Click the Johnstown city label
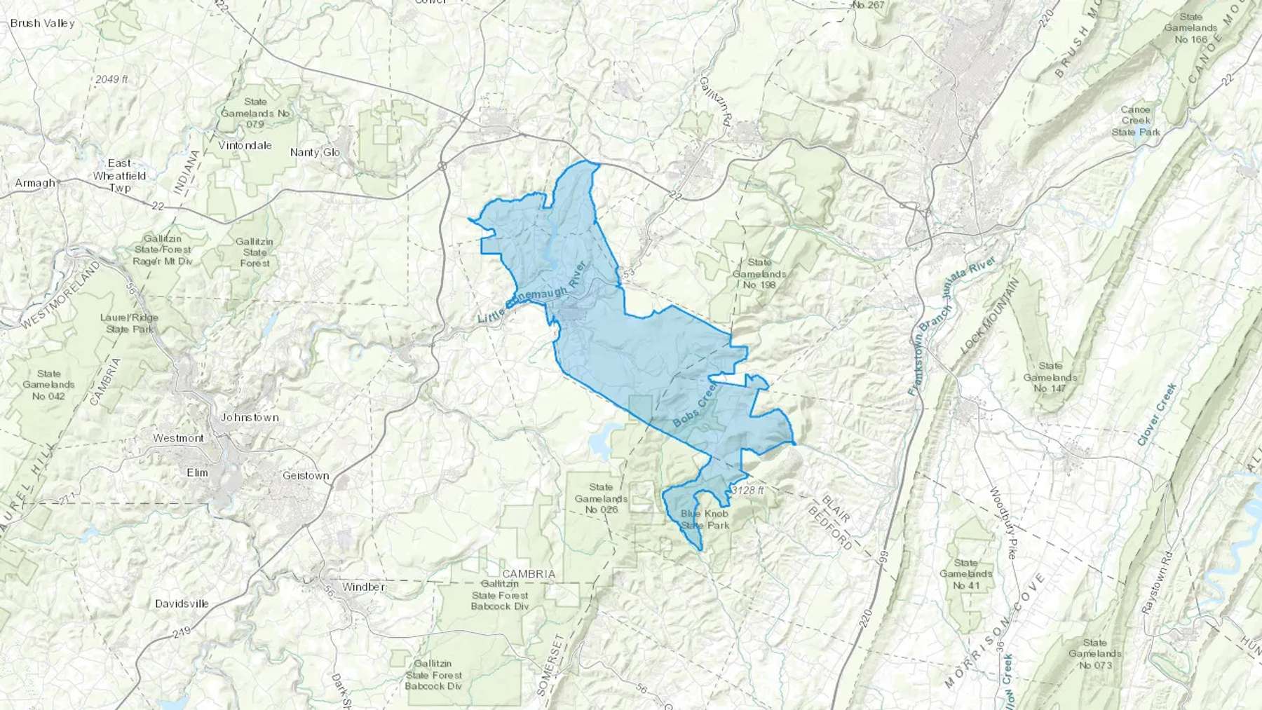[250, 418]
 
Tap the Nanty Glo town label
[315, 152]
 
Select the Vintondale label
[245, 146]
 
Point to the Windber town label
[363, 587]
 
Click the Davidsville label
[182, 603]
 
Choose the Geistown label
[306, 476]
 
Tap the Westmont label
[179, 438]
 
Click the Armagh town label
[35, 183]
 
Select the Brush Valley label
[42, 23]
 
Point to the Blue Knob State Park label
[705, 519]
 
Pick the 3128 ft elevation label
[747, 491]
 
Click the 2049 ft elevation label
[112, 79]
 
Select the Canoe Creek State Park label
[1136, 121]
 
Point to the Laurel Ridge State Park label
[129, 323]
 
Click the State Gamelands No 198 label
[759, 273]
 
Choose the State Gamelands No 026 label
[601, 498]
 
